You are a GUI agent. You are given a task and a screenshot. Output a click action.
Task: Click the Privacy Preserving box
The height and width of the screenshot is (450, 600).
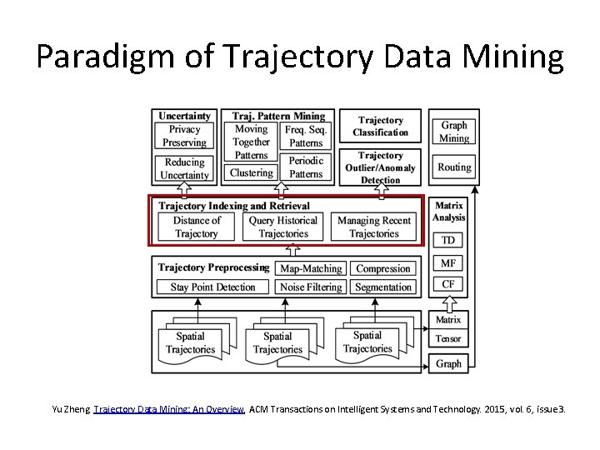coord(185,136)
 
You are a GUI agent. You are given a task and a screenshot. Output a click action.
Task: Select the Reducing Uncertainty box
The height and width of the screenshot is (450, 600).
coord(185,168)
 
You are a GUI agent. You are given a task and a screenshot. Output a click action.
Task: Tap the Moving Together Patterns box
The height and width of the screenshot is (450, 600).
coord(251,142)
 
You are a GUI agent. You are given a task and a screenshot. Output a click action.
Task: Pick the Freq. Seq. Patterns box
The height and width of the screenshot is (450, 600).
coord(306,136)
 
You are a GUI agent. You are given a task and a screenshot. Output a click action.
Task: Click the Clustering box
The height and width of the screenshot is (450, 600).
coord(251,172)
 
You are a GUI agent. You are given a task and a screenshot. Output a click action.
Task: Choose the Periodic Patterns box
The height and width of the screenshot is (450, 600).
coord(306,167)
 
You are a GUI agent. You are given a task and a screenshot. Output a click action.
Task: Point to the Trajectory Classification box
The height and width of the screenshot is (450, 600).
coord(380,127)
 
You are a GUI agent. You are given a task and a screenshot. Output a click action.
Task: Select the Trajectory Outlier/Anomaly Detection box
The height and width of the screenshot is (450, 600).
coord(380,167)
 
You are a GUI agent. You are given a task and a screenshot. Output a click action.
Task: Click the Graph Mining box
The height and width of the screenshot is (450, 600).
coord(454,132)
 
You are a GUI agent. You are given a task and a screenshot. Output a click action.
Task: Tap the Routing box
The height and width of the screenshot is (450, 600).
coord(454,167)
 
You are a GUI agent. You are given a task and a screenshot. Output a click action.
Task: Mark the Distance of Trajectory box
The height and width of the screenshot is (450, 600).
coord(197,227)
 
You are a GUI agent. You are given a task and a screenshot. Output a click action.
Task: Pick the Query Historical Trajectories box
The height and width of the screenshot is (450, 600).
coord(283,227)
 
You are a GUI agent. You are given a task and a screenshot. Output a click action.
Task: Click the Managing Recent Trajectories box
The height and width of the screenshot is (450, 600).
coord(374,227)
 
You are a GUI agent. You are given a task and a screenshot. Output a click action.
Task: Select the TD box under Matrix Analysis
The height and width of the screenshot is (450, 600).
coord(448,240)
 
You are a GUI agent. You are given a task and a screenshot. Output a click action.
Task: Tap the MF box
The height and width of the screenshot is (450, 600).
coord(448,263)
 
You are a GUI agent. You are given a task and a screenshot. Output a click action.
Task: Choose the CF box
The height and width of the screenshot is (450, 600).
coord(448,284)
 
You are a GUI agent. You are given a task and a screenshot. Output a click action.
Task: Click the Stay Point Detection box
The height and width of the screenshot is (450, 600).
coord(213,287)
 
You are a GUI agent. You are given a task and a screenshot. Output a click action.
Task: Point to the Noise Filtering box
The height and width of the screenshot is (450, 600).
coord(311,287)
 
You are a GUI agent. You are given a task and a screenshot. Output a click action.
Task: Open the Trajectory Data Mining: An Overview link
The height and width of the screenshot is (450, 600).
coord(169,409)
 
